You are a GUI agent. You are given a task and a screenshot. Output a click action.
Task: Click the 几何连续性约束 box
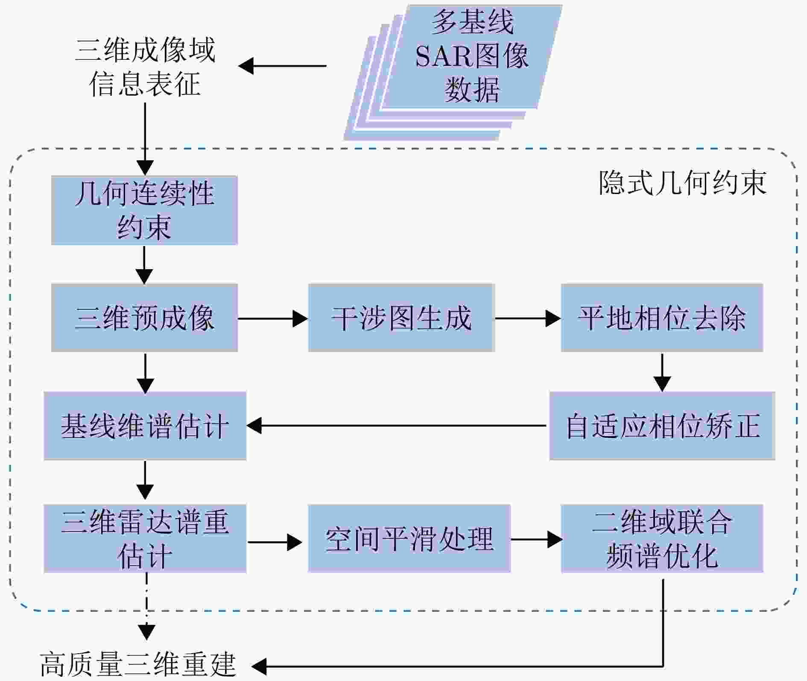[x=144, y=210]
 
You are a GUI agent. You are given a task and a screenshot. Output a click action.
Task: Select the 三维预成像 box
[x=144, y=318]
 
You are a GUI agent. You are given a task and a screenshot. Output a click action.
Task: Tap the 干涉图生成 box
[x=401, y=318]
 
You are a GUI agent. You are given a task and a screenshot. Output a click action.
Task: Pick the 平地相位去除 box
[x=662, y=318]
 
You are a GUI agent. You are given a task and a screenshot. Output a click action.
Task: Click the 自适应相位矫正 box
[x=662, y=426]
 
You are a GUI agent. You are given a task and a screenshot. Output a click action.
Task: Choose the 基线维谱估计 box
[x=145, y=426]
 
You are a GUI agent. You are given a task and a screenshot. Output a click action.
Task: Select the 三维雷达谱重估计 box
[x=145, y=539]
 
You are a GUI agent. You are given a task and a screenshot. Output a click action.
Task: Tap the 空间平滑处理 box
[x=409, y=539]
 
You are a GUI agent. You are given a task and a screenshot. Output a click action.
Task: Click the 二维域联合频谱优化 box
[x=662, y=539]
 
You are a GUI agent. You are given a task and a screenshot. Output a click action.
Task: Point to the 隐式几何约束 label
[x=682, y=183]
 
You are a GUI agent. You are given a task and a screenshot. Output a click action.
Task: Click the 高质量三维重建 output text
[x=138, y=665]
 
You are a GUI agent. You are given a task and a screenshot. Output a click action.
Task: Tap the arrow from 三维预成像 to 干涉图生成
[x=272, y=318]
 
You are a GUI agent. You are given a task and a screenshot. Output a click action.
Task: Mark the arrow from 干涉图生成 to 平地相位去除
[x=528, y=318]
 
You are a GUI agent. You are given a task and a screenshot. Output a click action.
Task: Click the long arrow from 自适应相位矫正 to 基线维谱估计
[x=397, y=426]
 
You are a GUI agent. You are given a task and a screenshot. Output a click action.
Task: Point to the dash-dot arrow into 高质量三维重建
[x=146, y=607]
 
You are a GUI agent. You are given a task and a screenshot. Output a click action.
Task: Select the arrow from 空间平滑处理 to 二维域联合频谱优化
[x=536, y=540]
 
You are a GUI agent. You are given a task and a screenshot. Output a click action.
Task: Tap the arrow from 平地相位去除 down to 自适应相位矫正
[x=662, y=372]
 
